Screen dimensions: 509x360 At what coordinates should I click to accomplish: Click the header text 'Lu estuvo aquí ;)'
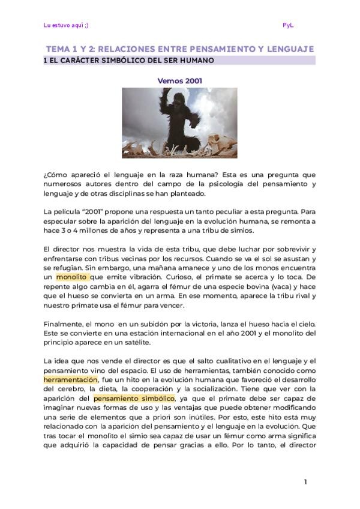click(66, 25)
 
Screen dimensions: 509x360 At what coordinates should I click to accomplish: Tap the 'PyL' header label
click(288, 25)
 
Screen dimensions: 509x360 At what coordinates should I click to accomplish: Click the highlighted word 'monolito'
click(72, 277)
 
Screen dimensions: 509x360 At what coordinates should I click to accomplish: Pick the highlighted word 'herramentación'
click(70, 380)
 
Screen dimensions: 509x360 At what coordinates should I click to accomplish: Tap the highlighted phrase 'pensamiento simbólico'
click(134, 398)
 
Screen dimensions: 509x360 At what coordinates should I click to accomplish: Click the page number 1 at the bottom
click(305, 482)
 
